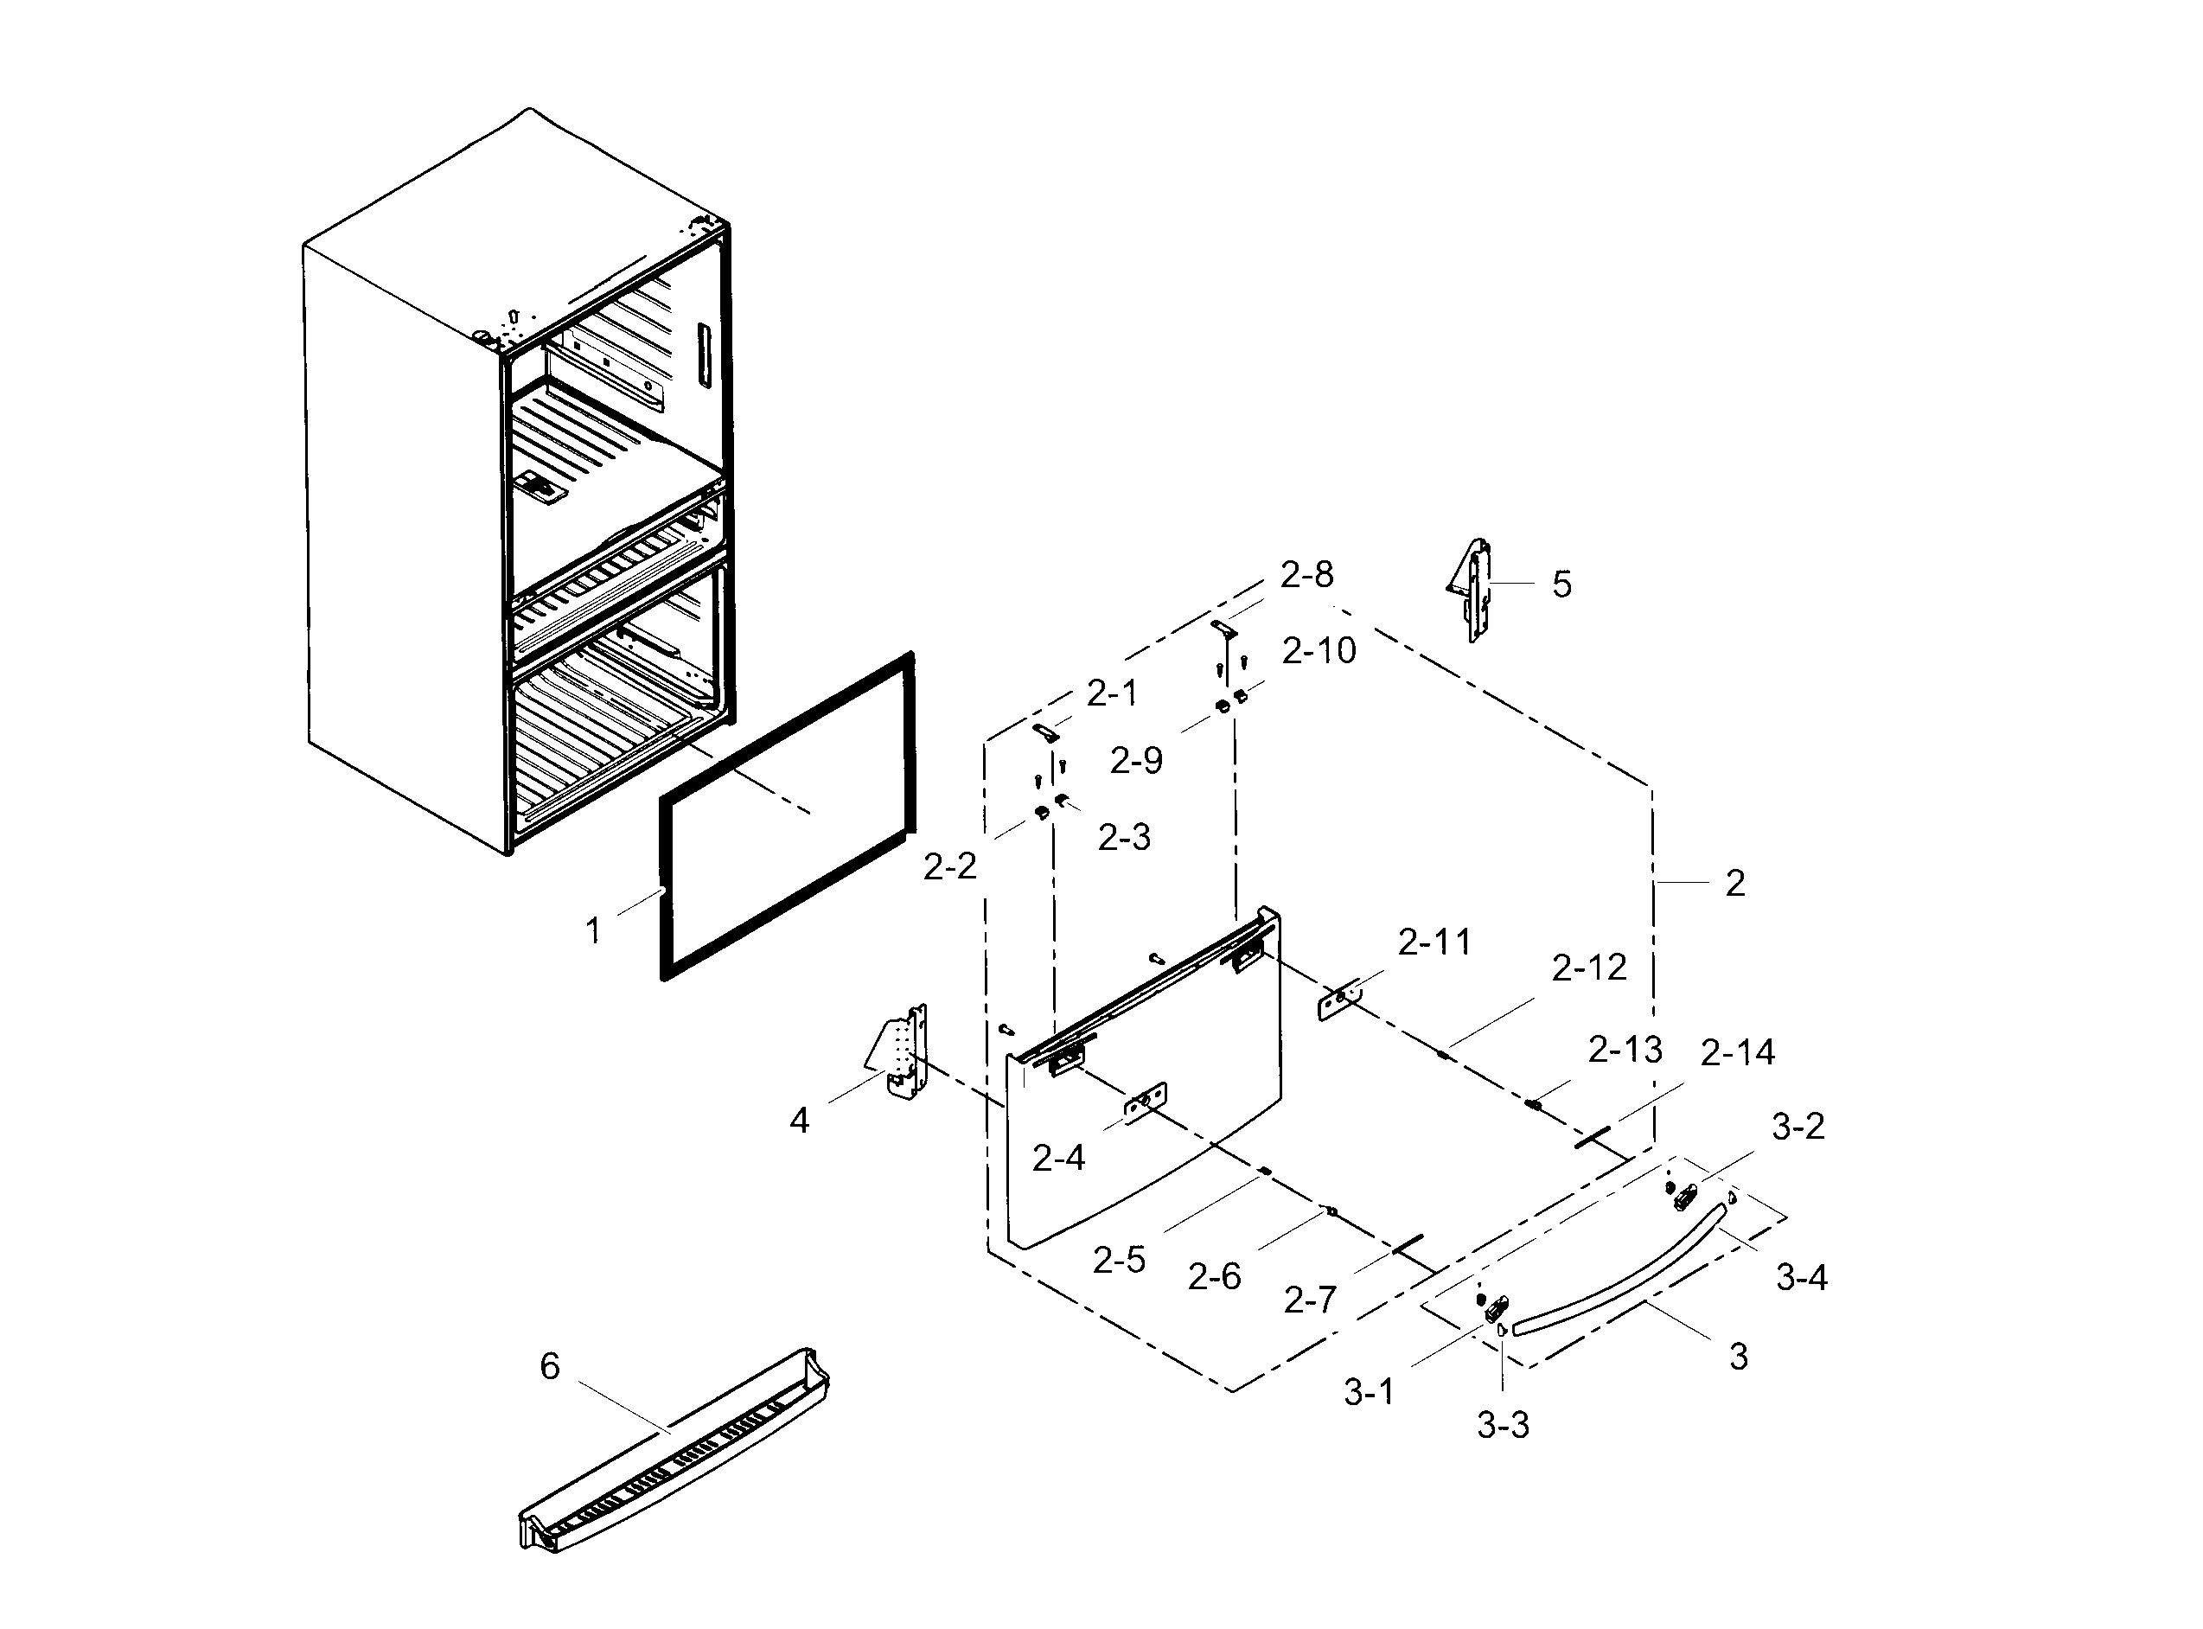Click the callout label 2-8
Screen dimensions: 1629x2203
pyautogui.click(x=1306, y=574)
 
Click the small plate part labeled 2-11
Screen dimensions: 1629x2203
pyautogui.click(x=1340, y=1002)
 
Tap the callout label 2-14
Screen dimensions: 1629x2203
pyautogui.click(x=1738, y=1053)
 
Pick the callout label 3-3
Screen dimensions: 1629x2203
pyautogui.click(x=1503, y=1425)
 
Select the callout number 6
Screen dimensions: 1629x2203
pyautogui.click(x=549, y=1367)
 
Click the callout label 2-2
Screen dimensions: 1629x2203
pyautogui.click(x=949, y=866)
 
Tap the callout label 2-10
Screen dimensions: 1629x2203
pyautogui.click(x=1319, y=651)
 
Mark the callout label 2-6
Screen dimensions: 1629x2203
pyautogui.click(x=1214, y=1278)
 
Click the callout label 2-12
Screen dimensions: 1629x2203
pyautogui.click(x=1588, y=968)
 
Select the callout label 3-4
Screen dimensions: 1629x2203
pyautogui.click(x=1802, y=1278)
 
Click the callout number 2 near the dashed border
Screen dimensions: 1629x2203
pyautogui.click(x=1735, y=884)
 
